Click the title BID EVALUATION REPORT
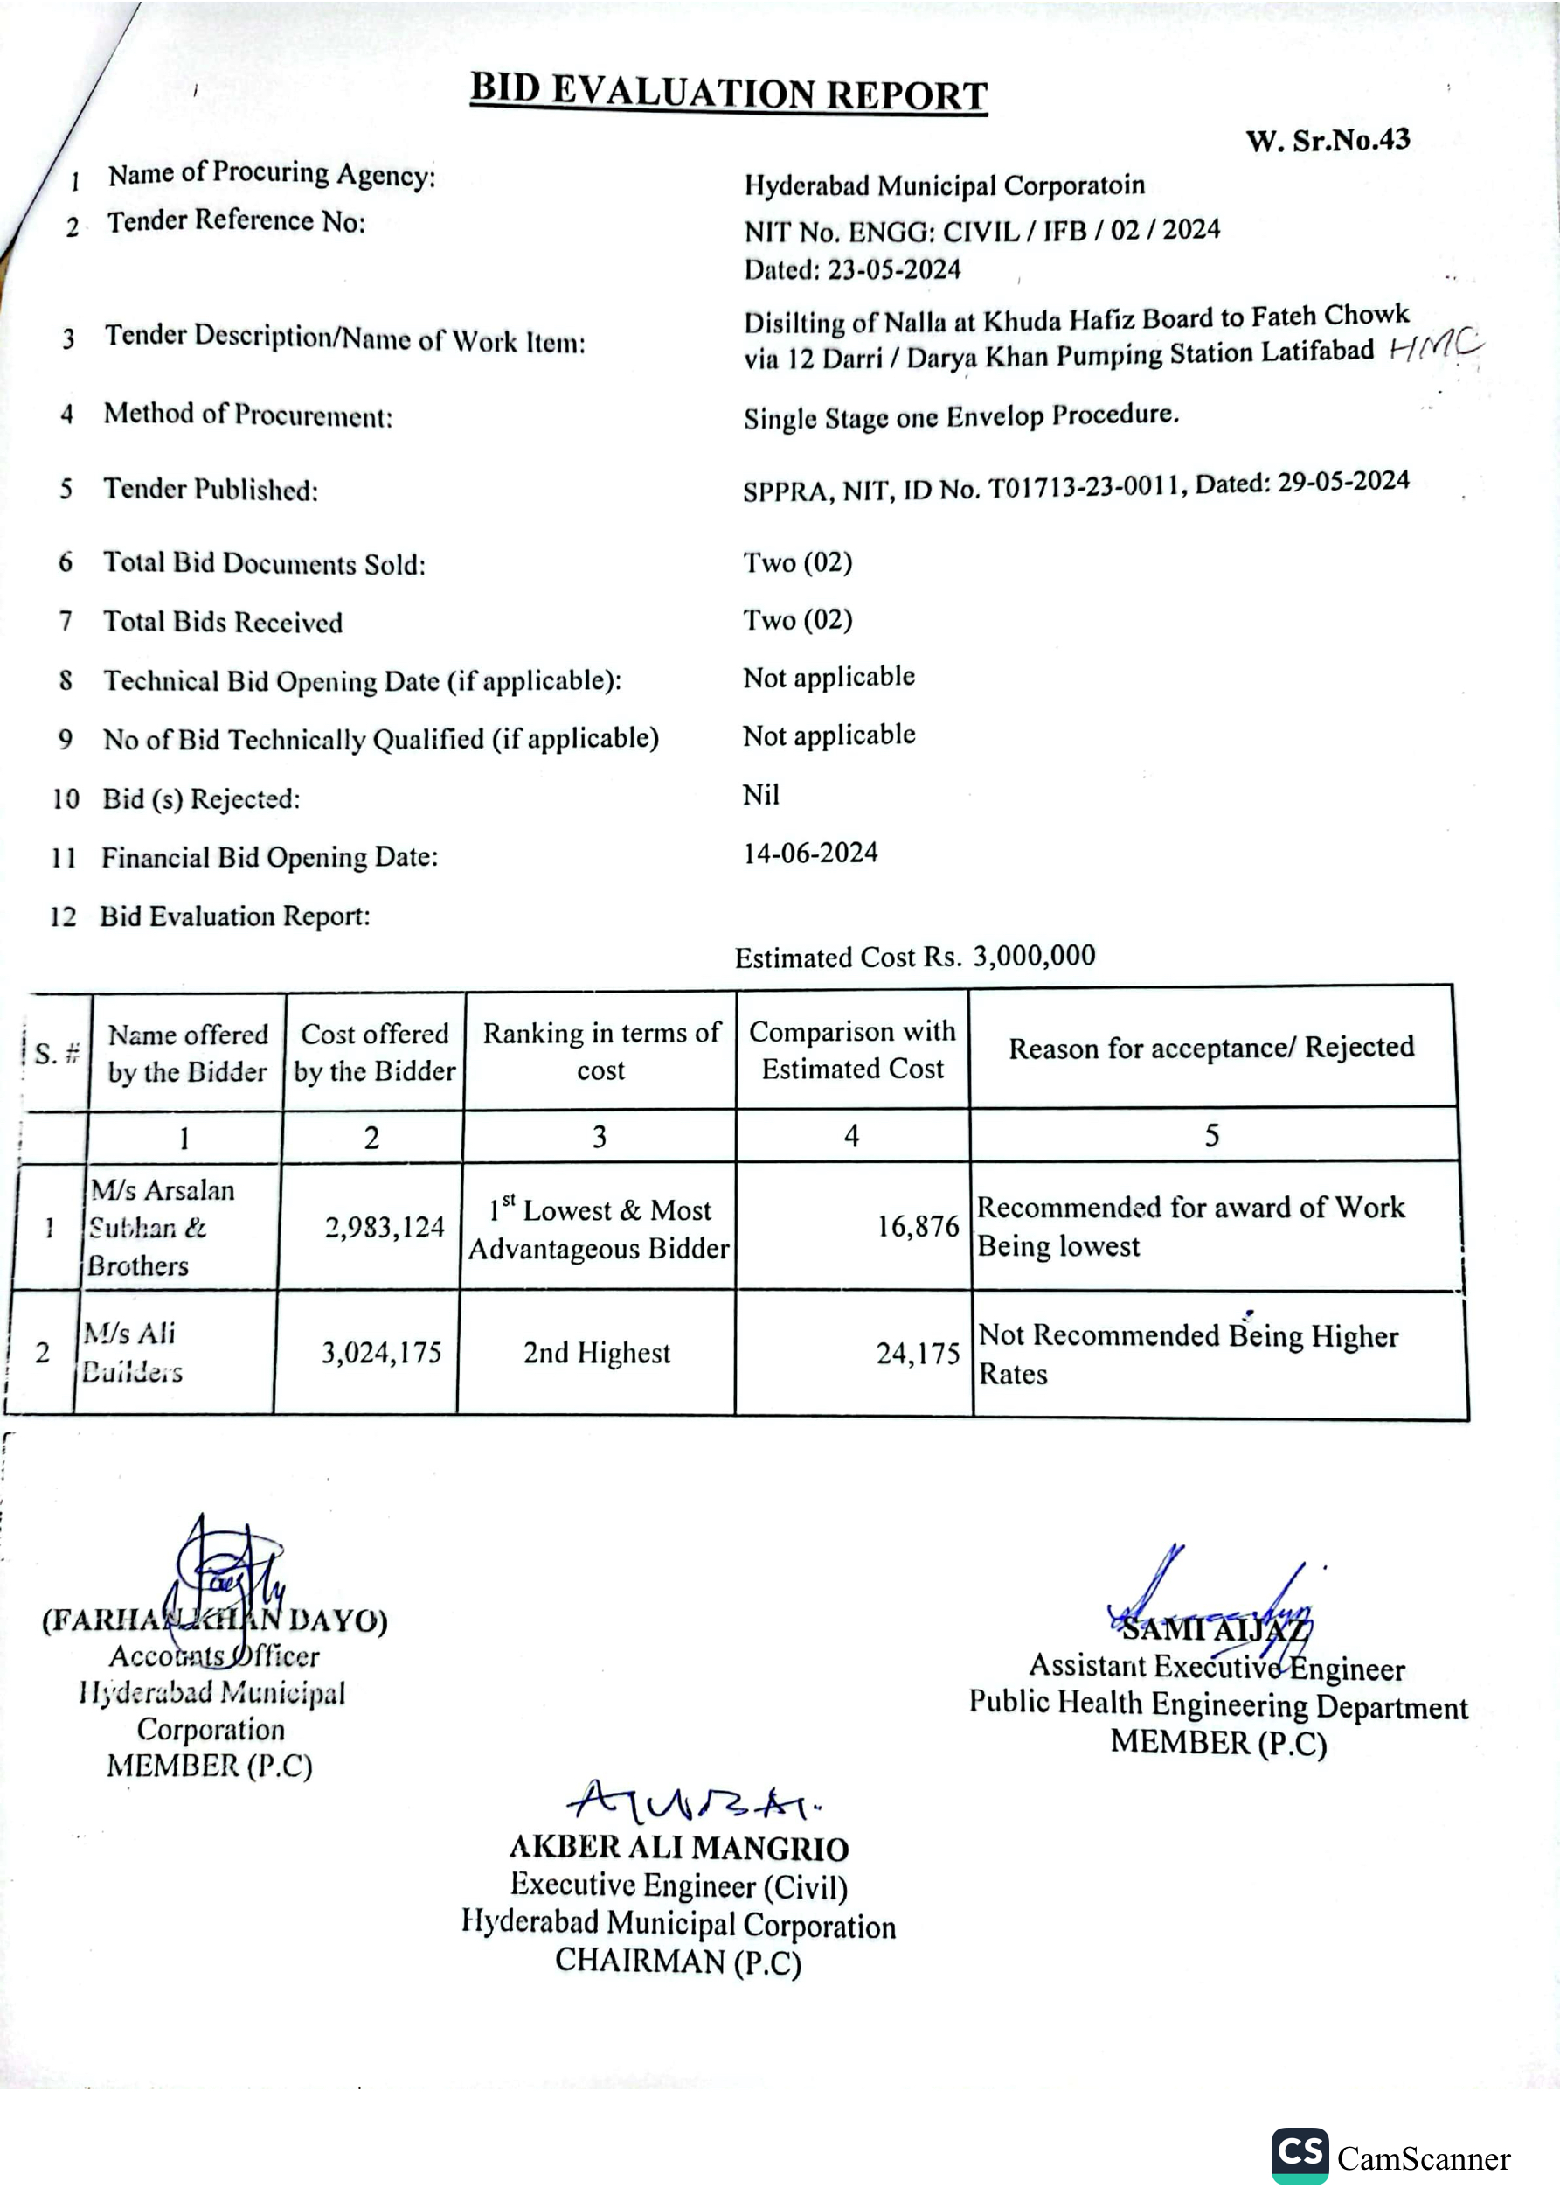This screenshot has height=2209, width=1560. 728,93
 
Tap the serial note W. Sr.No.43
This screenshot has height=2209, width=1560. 1328,141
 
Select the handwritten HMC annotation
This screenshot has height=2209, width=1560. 1436,345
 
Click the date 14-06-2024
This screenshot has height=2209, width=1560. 810,853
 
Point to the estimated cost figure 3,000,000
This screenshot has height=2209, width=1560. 1034,955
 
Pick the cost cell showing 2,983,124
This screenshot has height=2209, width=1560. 385,1227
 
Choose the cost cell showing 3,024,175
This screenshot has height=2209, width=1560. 381,1353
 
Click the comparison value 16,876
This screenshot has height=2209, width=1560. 918,1226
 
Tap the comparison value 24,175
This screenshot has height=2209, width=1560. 918,1354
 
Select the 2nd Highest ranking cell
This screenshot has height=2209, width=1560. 596,1353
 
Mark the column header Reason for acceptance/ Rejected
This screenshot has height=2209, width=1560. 1211,1048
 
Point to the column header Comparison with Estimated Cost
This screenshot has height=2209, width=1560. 852,1049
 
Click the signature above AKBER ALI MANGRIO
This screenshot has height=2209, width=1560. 690,1800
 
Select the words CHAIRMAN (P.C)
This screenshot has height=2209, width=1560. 678,1961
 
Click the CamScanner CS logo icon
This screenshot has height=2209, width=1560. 1300,2155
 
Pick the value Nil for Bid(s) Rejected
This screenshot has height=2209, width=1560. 760,795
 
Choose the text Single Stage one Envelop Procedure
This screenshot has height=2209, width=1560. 960,416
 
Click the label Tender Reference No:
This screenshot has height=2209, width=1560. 236,221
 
